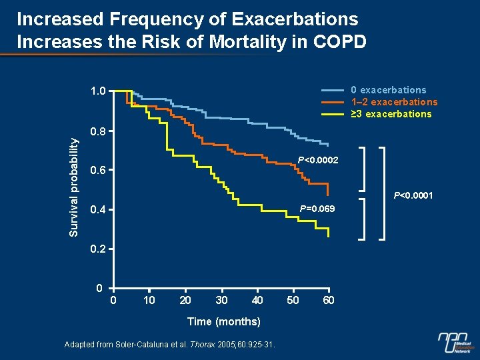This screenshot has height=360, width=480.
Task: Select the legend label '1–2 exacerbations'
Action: click(x=394, y=102)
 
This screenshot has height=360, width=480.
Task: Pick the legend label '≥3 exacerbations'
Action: click(x=391, y=114)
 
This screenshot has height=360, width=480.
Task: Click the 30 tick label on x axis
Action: click(x=222, y=301)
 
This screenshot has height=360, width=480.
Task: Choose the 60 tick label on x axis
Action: click(x=328, y=301)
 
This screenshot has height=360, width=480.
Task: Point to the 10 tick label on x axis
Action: click(x=149, y=301)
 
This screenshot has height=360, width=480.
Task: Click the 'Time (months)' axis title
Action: click(x=223, y=322)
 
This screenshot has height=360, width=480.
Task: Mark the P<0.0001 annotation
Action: click(x=413, y=196)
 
